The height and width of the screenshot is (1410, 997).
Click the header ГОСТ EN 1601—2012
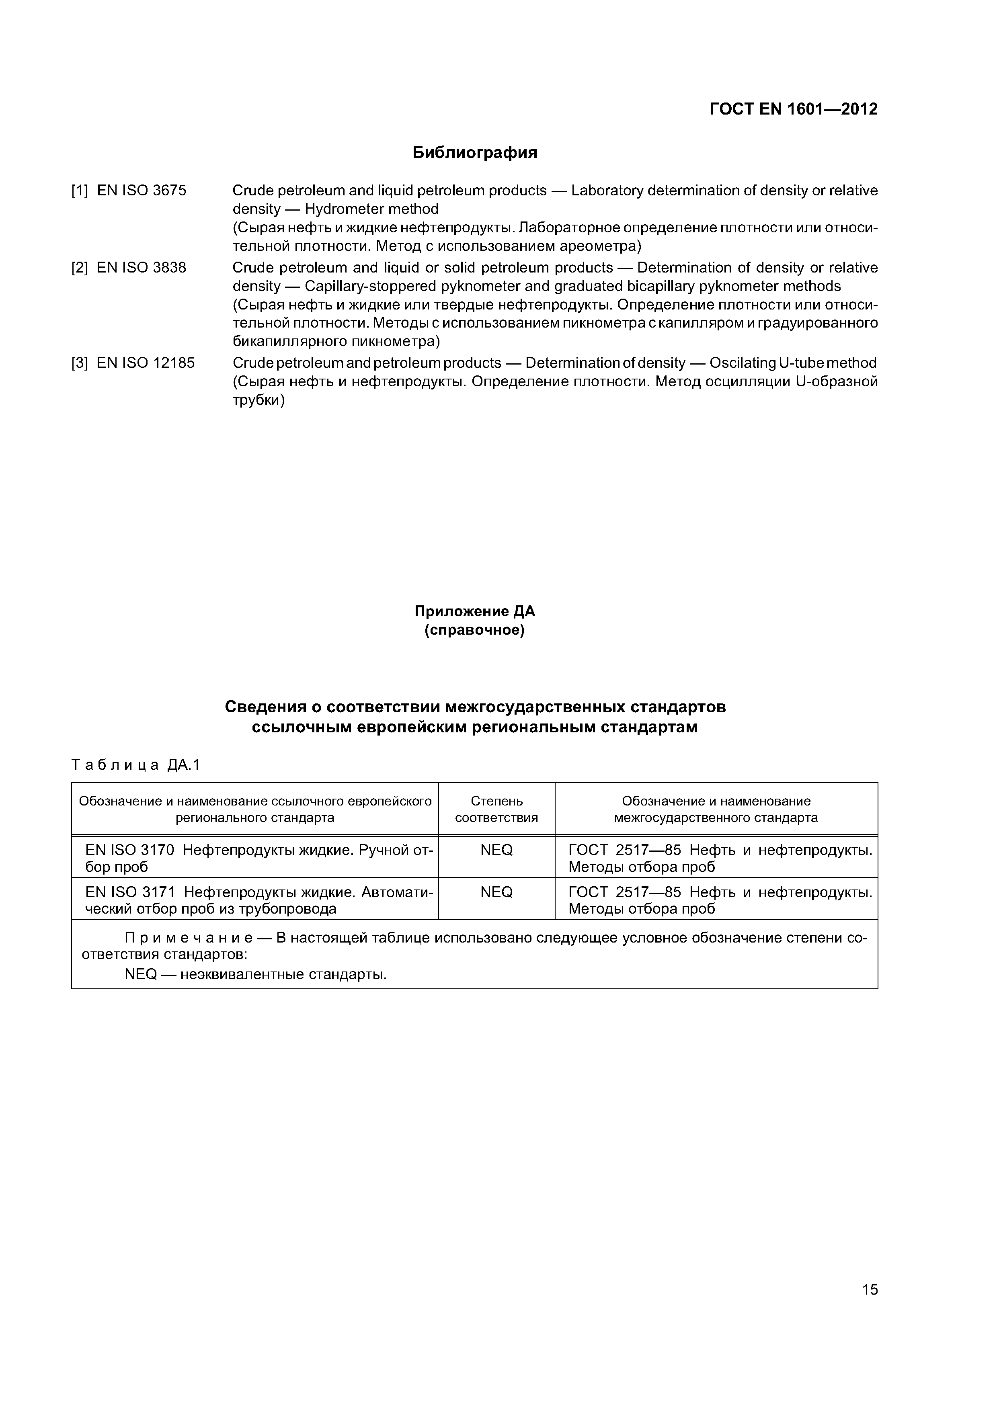tap(793, 109)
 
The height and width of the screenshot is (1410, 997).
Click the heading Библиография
tap(474, 152)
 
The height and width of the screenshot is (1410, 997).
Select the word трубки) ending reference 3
tap(258, 401)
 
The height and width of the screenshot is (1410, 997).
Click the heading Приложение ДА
tap(474, 612)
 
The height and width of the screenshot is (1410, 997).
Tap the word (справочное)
tap(474, 631)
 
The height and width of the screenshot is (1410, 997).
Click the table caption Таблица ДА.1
tap(136, 765)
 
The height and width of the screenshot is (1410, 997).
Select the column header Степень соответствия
tap(496, 810)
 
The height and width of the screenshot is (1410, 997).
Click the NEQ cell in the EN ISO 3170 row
tap(496, 851)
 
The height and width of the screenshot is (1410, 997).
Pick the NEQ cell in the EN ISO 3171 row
tap(496, 892)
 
